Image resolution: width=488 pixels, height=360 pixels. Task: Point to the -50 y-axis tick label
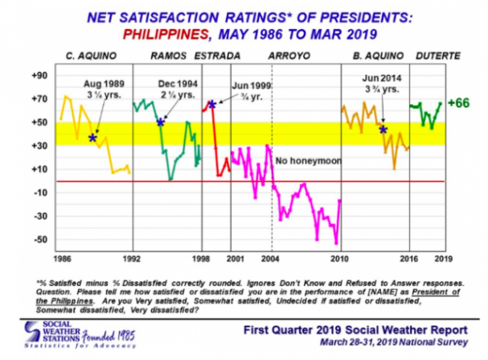click(x=37, y=239)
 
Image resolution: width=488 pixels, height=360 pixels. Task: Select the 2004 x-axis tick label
click(x=271, y=260)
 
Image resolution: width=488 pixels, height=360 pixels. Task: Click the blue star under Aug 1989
click(x=93, y=139)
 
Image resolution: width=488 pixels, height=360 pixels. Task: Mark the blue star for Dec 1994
click(x=161, y=122)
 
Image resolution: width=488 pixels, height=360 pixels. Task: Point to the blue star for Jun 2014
click(x=382, y=128)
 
